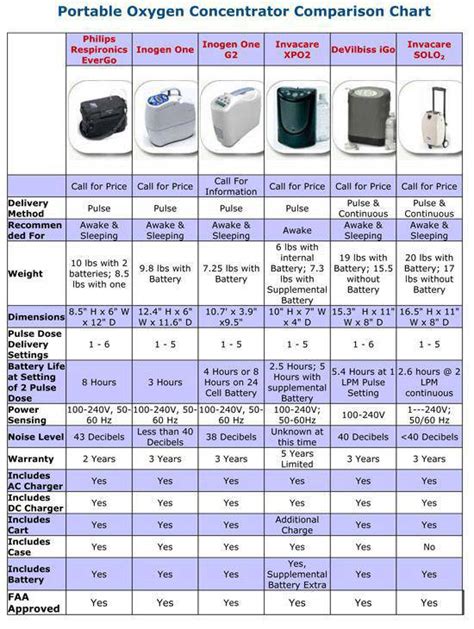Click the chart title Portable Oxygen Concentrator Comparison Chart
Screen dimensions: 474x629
(x=237, y=13)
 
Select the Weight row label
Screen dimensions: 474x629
(x=25, y=274)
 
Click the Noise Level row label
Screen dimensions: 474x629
(x=34, y=437)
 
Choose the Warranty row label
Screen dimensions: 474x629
(x=30, y=459)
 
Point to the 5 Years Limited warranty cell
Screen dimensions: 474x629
(x=296, y=459)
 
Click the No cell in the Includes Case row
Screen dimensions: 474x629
(x=429, y=547)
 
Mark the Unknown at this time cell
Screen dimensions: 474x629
(x=296, y=437)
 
